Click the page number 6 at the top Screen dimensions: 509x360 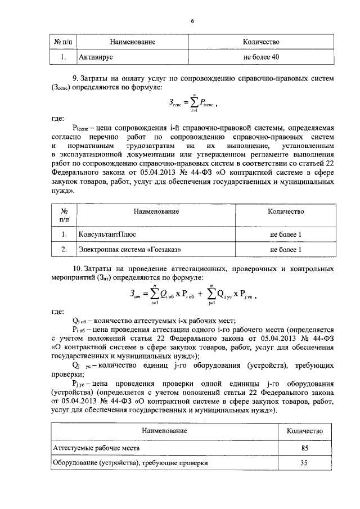(x=192, y=21)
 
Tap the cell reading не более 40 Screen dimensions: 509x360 (x=260, y=56)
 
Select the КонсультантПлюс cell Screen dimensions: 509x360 (x=107, y=233)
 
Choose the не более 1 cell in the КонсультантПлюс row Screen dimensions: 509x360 (x=286, y=233)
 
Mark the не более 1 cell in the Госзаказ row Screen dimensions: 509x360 (x=286, y=249)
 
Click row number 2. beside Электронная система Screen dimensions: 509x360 (x=65, y=249)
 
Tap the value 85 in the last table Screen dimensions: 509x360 (x=304, y=448)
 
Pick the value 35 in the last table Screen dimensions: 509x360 (x=304, y=464)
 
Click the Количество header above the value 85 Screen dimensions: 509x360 (x=304, y=430)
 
